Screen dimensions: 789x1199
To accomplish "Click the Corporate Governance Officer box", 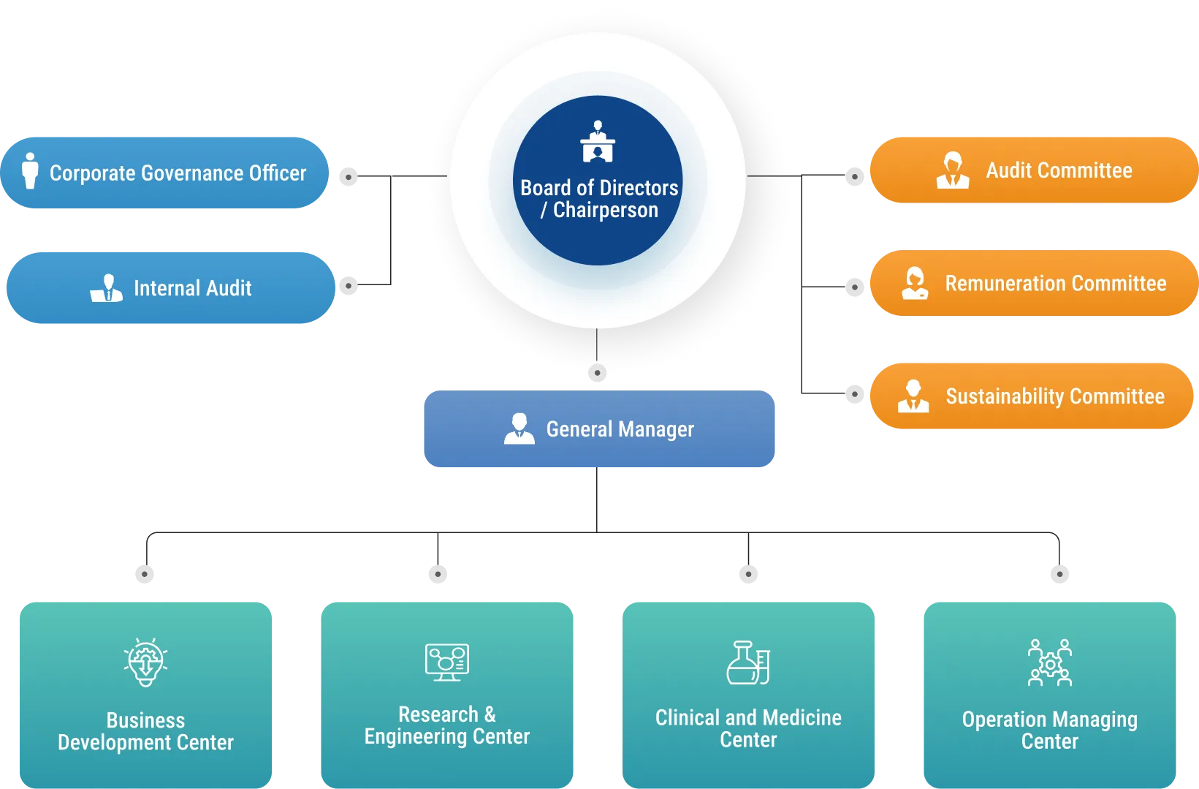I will (165, 173).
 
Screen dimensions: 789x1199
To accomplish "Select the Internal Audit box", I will (170, 288).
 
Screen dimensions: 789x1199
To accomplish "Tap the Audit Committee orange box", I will (1033, 170).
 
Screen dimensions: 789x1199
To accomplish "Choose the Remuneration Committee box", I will (1033, 283).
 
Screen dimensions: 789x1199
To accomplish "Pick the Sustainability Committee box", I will (1032, 396).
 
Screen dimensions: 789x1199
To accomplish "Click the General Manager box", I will (598, 429).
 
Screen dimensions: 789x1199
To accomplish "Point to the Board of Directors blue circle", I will (598, 181).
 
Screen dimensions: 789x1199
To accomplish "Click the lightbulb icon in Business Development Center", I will (145, 662).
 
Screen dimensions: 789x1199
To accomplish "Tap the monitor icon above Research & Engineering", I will (447, 662).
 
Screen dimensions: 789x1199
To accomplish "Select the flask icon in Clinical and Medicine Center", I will (748, 662).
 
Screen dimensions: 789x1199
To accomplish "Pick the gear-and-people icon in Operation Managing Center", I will (1050, 662).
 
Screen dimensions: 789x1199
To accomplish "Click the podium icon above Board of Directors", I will (598, 142).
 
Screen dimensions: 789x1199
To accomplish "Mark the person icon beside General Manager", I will (519, 429).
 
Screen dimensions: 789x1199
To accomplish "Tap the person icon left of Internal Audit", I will (107, 288).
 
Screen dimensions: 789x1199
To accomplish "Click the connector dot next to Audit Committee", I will (854, 176).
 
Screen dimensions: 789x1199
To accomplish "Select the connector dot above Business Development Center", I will (146, 574).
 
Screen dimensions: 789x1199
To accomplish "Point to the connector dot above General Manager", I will (597, 373).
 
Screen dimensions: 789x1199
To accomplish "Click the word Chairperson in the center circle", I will (605, 211).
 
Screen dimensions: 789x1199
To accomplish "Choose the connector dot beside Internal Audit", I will (349, 286).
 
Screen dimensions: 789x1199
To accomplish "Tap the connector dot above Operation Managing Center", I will (1058, 574).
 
